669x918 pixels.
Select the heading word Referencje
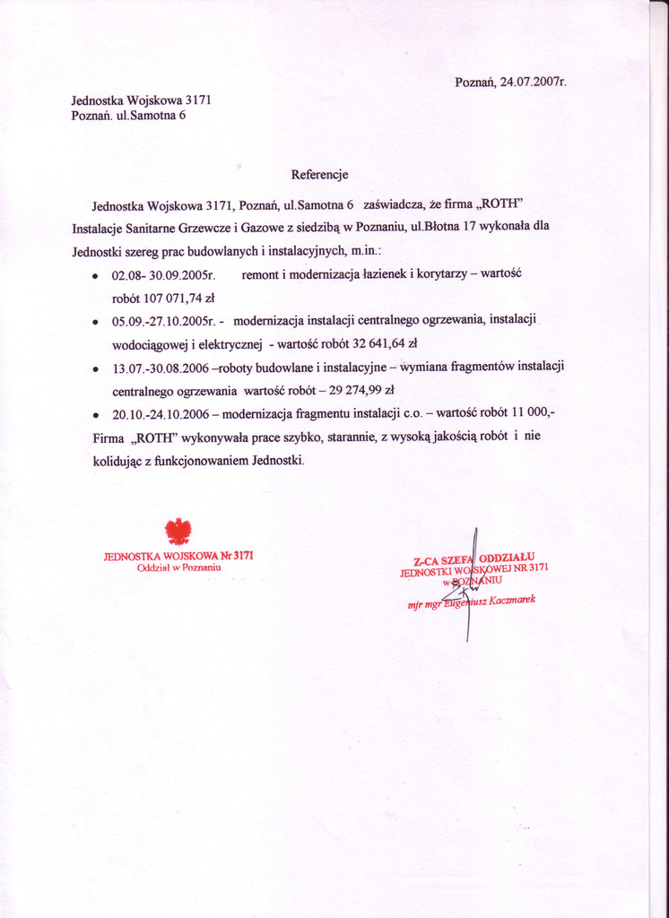pos(319,174)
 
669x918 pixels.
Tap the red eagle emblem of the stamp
pos(179,532)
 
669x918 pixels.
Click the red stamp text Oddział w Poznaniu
pos(178,567)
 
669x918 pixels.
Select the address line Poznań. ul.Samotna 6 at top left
pos(128,116)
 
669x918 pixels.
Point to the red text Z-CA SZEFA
pos(440,559)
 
